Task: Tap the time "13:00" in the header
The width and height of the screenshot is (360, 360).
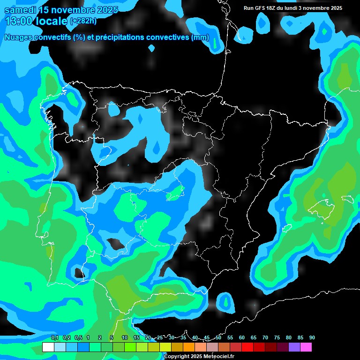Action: point(19,21)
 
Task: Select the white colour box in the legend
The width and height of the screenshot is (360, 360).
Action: point(48,347)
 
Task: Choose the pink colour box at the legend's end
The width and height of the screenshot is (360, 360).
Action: point(306,347)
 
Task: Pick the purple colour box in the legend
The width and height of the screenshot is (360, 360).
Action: point(294,347)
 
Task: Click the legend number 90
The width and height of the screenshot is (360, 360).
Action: point(312,338)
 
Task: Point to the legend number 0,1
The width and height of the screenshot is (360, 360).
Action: point(55,338)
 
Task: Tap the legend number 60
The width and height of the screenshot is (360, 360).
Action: point(242,338)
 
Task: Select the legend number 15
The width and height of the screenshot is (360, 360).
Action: point(136,338)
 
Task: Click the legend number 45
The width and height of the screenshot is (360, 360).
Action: point(207,338)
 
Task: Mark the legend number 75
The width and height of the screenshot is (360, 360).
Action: point(277,338)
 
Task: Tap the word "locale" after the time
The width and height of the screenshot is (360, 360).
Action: point(52,21)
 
